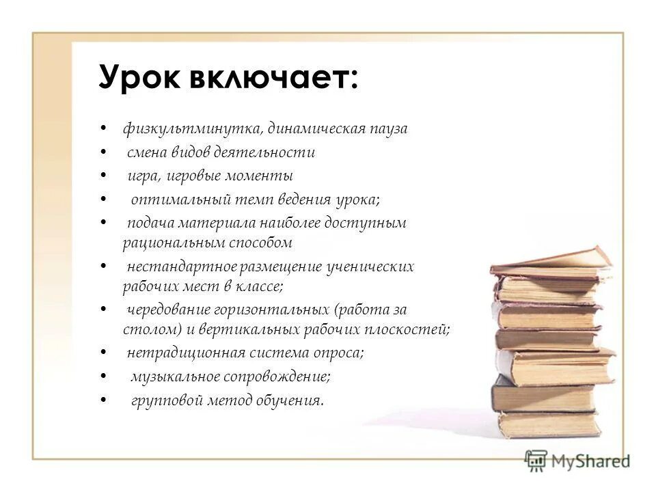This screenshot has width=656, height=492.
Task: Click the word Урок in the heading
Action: (x=139, y=77)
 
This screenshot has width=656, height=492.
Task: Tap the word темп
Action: (x=254, y=200)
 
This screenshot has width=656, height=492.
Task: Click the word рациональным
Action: (x=174, y=242)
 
